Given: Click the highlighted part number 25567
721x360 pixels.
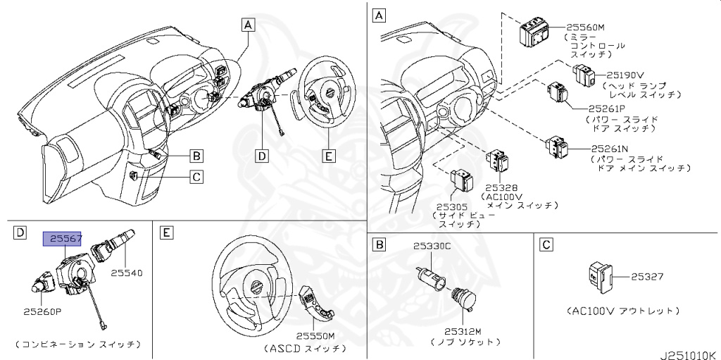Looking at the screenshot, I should [63, 240].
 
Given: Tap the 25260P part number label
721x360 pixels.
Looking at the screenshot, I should [42, 311].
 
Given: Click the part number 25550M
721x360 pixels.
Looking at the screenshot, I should [315, 337].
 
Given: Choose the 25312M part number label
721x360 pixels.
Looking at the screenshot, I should [463, 331].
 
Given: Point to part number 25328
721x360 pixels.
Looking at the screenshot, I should [501, 189].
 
